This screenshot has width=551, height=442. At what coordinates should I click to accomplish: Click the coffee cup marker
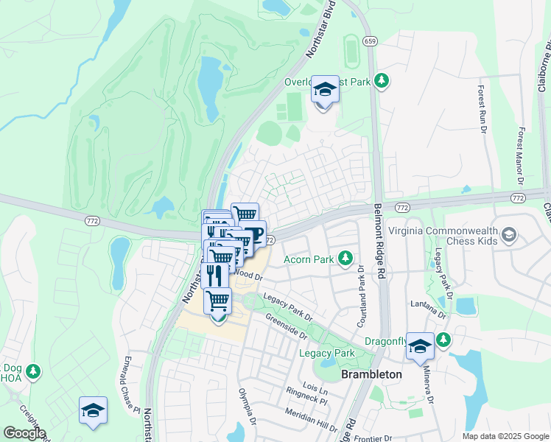(253, 235)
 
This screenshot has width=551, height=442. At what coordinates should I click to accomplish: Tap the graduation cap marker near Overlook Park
(323, 91)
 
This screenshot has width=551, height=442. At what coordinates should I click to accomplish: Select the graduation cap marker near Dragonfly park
(420, 346)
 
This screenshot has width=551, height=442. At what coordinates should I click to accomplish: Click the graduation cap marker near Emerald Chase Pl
(94, 410)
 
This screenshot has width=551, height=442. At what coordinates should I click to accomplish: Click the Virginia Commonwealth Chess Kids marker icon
(508, 236)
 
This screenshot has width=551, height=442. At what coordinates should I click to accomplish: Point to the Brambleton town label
(372, 374)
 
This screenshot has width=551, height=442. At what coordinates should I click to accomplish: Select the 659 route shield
(371, 41)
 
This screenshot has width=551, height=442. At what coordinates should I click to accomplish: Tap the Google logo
(24, 433)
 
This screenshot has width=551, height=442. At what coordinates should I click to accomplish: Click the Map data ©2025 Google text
(505, 436)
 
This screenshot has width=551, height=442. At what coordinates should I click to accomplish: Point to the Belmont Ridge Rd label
(380, 241)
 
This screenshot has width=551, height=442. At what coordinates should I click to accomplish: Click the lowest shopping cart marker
(218, 301)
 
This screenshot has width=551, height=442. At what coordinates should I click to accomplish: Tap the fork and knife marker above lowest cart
(214, 275)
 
